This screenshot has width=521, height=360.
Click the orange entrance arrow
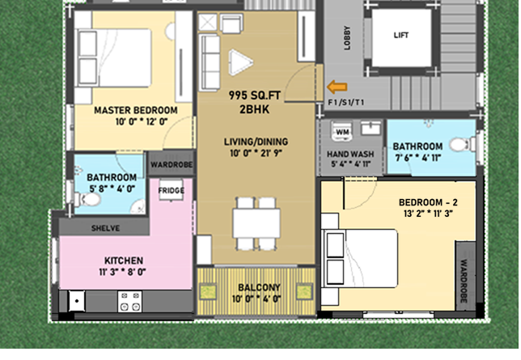[x=337, y=87]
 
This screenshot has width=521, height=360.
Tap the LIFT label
[x=401, y=36]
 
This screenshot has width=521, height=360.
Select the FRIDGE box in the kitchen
[x=172, y=190]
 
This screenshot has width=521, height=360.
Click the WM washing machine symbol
[x=342, y=132]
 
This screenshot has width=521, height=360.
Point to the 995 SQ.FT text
[x=255, y=95]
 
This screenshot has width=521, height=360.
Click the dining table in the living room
[x=256, y=222]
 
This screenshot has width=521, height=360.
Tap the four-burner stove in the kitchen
[x=130, y=302]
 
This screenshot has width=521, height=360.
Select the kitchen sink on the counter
[x=77, y=301]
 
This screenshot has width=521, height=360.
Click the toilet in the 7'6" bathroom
[x=463, y=145]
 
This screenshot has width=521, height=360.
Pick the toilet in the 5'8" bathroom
[x=87, y=200]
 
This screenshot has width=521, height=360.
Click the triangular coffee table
[x=240, y=62]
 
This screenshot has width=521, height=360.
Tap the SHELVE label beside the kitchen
[x=106, y=228]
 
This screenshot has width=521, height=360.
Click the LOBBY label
[x=347, y=38]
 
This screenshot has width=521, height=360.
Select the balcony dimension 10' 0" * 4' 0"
[x=256, y=299]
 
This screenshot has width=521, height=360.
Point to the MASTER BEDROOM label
[x=136, y=110]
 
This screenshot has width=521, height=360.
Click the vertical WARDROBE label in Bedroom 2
[x=464, y=281]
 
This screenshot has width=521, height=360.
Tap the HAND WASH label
[x=350, y=155]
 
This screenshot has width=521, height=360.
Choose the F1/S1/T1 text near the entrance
[x=346, y=103]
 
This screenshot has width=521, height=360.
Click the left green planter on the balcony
[x=208, y=291]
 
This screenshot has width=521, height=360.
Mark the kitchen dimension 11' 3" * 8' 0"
[x=122, y=272]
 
